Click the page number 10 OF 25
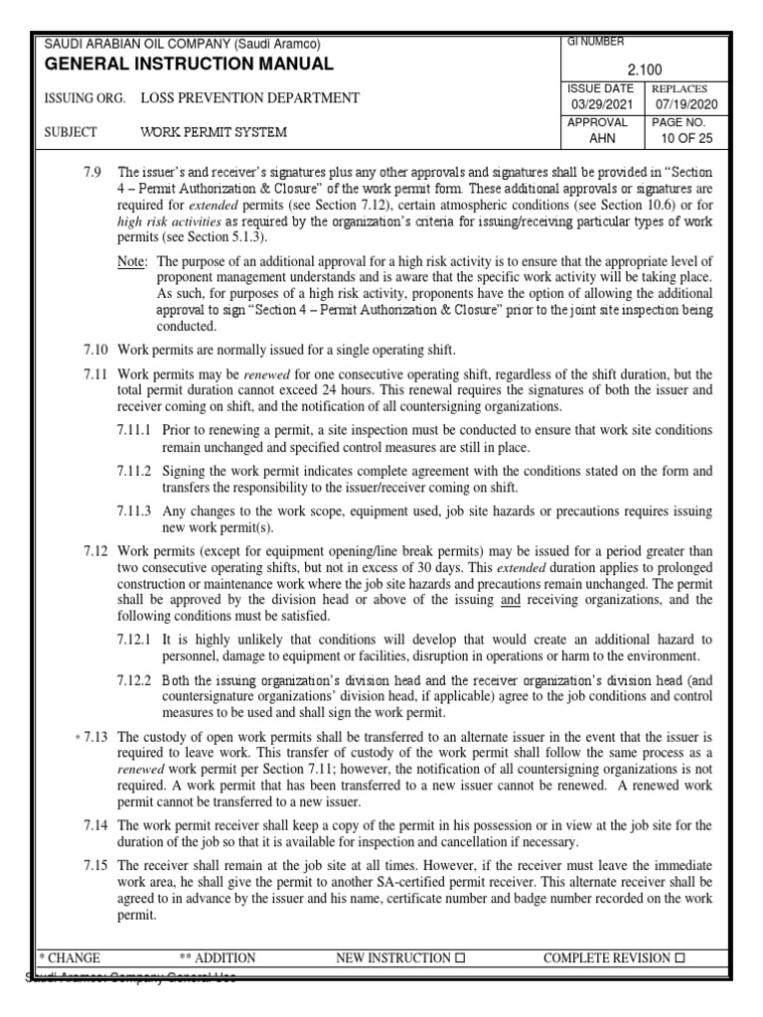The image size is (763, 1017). point(686,139)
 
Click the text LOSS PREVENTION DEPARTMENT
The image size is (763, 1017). point(249,98)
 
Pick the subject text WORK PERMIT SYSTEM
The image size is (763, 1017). point(214,132)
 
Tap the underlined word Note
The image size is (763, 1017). point(129,261)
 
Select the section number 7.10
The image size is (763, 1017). point(96,350)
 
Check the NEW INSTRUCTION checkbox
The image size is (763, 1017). point(459,958)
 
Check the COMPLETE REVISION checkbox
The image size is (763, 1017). point(681,958)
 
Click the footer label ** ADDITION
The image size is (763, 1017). point(218,958)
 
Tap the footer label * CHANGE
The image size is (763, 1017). point(70,958)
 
